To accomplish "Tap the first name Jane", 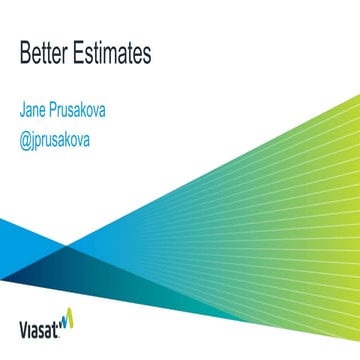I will pos(36,111).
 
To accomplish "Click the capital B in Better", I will pos(25,54).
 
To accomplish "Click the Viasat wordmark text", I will pos(42,324).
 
